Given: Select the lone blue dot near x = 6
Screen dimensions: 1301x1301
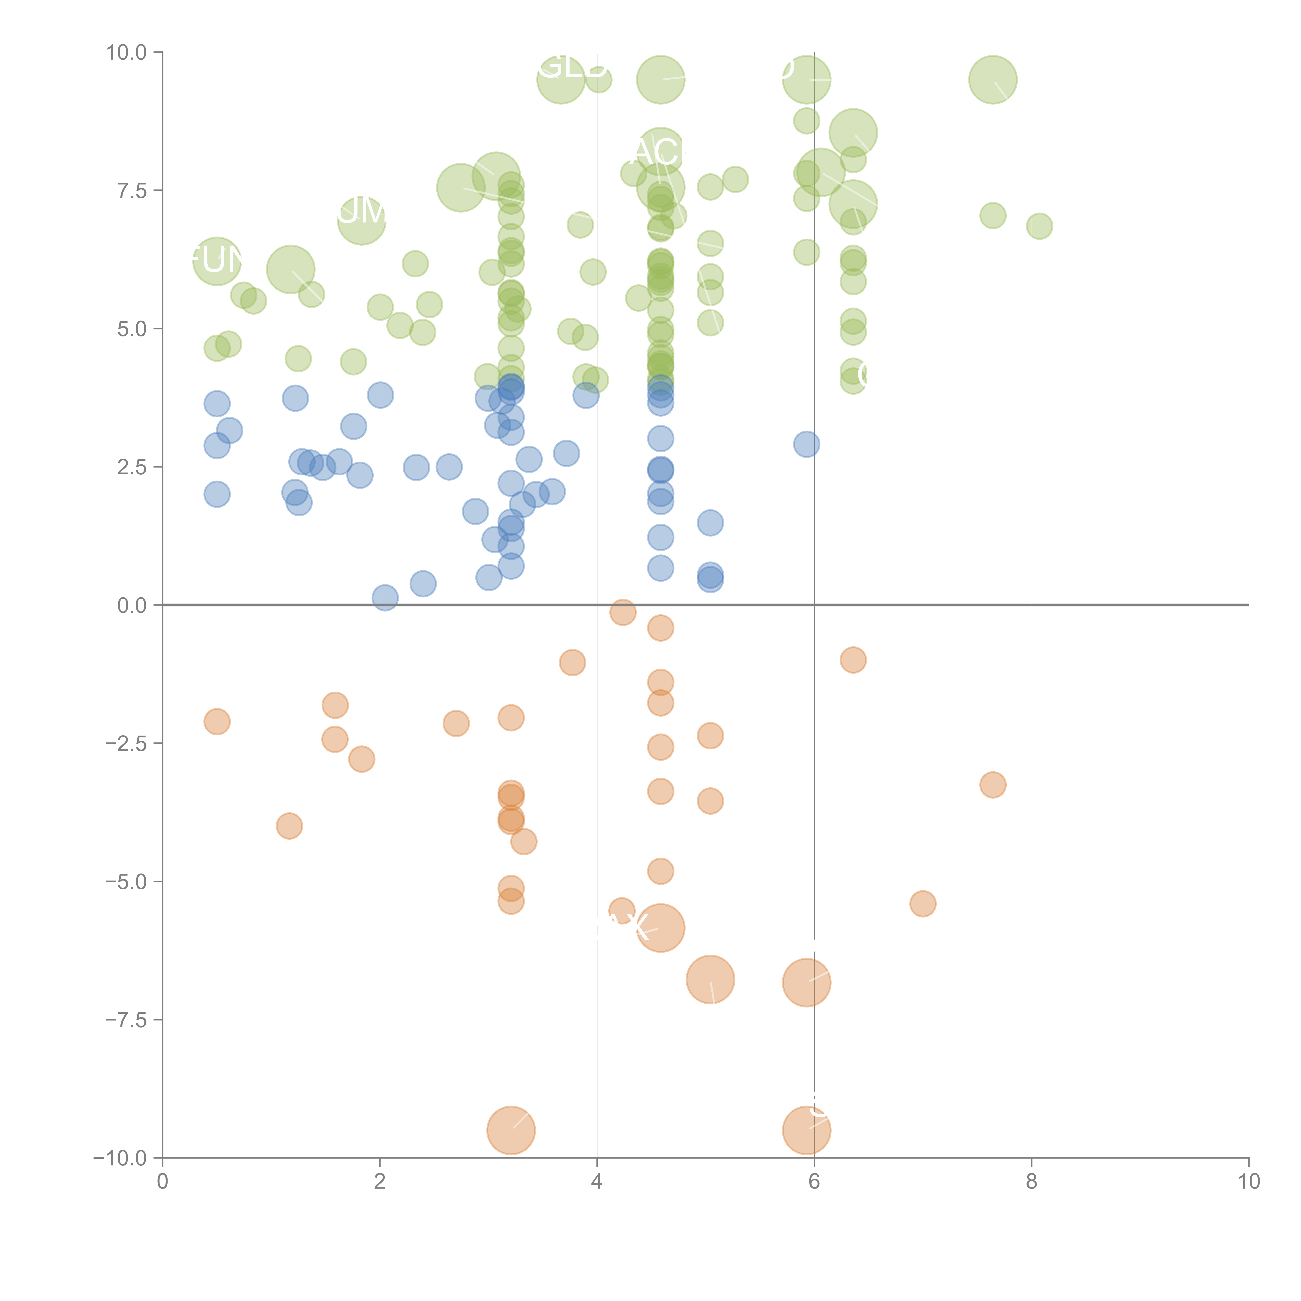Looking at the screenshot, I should click(806, 444).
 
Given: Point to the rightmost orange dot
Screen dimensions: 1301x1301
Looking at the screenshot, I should click(993, 785).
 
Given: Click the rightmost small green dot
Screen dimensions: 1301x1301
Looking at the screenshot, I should click(1039, 226).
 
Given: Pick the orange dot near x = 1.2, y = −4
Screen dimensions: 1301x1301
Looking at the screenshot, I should click(289, 826).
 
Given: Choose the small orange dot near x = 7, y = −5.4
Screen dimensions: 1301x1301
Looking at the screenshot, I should click(923, 904).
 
